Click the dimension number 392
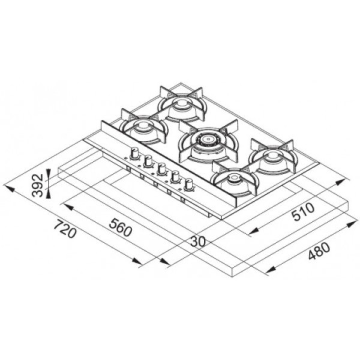tap(37, 185)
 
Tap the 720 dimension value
tap(65, 229)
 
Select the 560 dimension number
tap(121, 227)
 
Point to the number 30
tap(198, 241)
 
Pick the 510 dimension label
tap(303, 212)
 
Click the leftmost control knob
tap(134, 154)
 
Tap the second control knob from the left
tap(148, 161)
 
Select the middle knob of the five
tap(161, 169)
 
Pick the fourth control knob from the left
tap(175, 176)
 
